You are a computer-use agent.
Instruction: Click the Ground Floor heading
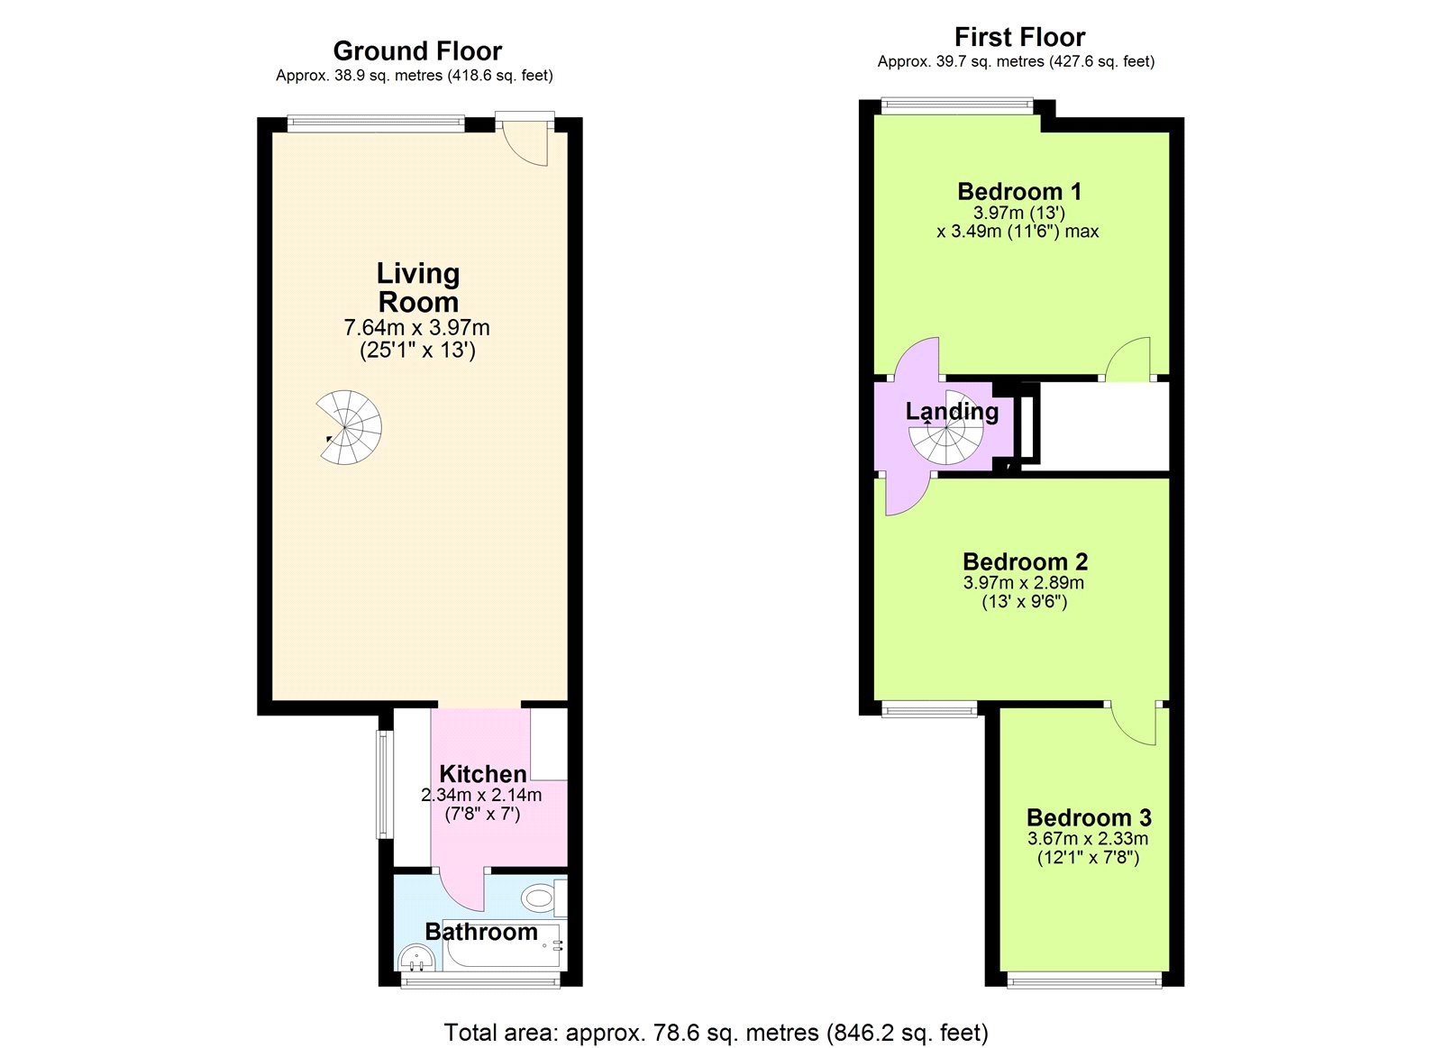tap(417, 50)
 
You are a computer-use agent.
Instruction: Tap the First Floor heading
tap(1019, 37)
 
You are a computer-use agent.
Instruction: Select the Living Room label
tap(418, 287)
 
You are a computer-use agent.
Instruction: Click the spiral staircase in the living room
tap(349, 427)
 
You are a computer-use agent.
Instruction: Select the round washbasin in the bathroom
tap(418, 959)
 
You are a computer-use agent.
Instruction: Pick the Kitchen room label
tap(483, 773)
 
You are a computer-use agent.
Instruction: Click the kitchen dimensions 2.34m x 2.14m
tap(481, 795)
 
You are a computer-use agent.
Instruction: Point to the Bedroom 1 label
tap(1019, 191)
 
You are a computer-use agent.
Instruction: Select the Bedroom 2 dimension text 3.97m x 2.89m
tap(1024, 583)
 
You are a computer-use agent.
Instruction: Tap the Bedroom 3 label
tap(1089, 817)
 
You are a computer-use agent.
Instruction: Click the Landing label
tap(952, 411)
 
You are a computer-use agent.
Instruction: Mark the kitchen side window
tap(384, 784)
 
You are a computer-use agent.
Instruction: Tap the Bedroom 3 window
tap(1085, 982)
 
